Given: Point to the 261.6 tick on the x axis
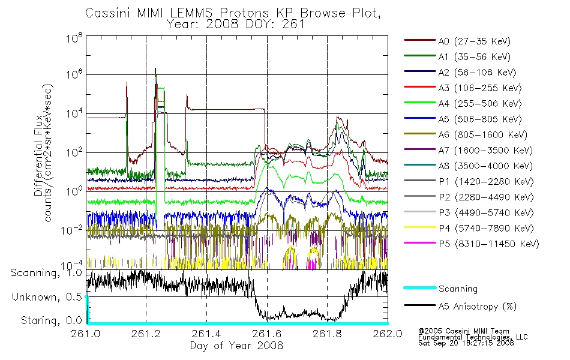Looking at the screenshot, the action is [x=267, y=334].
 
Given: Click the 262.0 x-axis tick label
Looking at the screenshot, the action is [x=388, y=334].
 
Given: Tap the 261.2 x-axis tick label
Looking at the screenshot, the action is [x=146, y=334].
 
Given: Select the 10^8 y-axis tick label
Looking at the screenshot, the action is [x=74, y=38].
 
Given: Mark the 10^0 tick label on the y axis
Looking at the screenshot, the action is [x=74, y=191].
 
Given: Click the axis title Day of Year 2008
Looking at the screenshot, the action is [x=236, y=346].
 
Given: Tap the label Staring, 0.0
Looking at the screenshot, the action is [x=52, y=321].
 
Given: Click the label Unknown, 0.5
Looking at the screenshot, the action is [x=47, y=297].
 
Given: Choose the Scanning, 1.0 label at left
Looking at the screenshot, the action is [x=47, y=273].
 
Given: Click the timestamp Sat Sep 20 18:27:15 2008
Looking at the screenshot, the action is [x=466, y=343].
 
